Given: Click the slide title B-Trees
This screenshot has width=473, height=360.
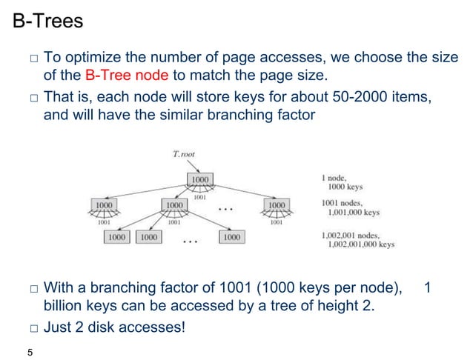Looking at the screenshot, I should coord(48,22).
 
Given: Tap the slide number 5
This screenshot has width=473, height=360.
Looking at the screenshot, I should coord(30,351).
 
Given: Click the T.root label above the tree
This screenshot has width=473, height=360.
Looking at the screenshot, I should coord(185,154).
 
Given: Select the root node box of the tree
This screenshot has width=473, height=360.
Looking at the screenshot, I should coord(200,179).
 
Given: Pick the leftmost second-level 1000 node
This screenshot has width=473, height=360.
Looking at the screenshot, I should coord(105,204).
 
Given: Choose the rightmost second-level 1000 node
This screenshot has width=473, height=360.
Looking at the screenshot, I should coord(277,204).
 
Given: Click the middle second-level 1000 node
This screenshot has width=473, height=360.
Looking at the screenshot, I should coord(175,204).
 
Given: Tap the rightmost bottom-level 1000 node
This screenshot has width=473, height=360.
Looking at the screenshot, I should coord(231,237).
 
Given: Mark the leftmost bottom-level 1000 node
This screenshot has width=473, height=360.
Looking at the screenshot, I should coord(116,237).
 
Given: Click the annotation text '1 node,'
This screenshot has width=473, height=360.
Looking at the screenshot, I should coord(334,177).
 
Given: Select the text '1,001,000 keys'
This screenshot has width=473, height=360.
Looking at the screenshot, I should coord(354,212).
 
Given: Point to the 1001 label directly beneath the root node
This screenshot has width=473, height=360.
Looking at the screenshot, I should coord(200,197).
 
